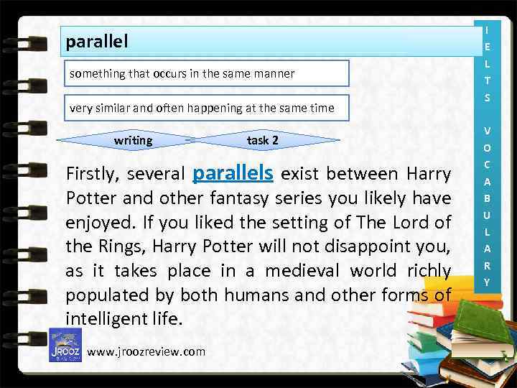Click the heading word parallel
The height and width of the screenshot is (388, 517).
tap(96, 42)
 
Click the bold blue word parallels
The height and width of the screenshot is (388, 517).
tap(233, 173)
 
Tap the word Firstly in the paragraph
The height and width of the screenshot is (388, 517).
tap(91, 175)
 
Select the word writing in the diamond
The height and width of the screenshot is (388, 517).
tap(133, 140)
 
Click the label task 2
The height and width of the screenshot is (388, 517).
tap(262, 140)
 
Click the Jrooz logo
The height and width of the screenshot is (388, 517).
tap(65, 345)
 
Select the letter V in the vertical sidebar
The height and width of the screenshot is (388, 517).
tap(487, 131)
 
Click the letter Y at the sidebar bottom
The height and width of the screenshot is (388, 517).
tap(487, 282)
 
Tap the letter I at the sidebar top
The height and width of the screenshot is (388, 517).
tap(487, 30)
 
